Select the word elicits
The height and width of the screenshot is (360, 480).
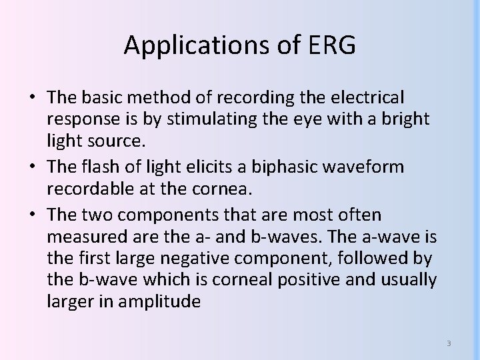click(x=189, y=167)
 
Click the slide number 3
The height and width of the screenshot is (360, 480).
click(x=449, y=343)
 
